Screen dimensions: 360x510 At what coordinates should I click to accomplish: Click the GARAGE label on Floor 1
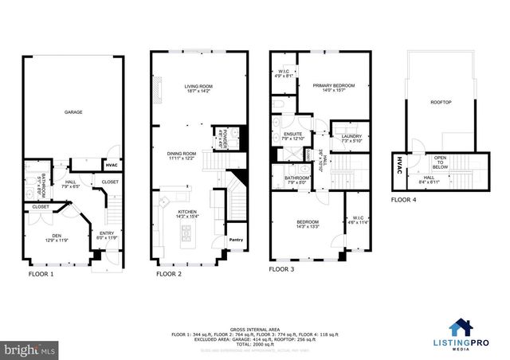pos(73,112)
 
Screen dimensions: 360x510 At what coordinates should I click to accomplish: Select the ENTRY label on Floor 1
pos(106,235)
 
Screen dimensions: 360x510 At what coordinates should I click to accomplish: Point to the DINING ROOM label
pos(182,155)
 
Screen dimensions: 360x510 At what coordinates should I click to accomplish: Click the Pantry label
pos(236,240)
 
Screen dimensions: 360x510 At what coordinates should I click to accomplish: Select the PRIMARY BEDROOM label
pos(333,88)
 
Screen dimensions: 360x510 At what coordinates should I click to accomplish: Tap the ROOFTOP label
pos(441,101)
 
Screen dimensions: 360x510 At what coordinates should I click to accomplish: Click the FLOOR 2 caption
pos(168,273)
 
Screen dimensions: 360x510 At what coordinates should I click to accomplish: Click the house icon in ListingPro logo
pos(460,327)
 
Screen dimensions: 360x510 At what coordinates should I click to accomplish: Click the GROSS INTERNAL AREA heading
pos(254,306)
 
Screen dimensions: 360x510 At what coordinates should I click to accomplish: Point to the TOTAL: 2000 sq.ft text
pos(254,322)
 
